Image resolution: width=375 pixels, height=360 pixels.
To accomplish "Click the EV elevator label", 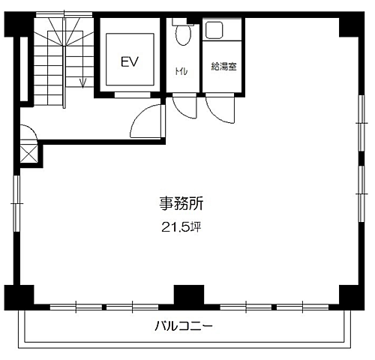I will click(130, 62).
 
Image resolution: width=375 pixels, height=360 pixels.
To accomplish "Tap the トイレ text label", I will click(181, 73).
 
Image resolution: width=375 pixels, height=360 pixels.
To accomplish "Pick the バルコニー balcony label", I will click(184, 326).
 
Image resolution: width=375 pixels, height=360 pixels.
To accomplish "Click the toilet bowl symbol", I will click(181, 34).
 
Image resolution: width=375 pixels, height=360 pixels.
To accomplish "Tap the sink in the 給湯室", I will click(214, 31).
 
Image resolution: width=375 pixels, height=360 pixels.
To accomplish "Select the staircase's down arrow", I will click(82, 81).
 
